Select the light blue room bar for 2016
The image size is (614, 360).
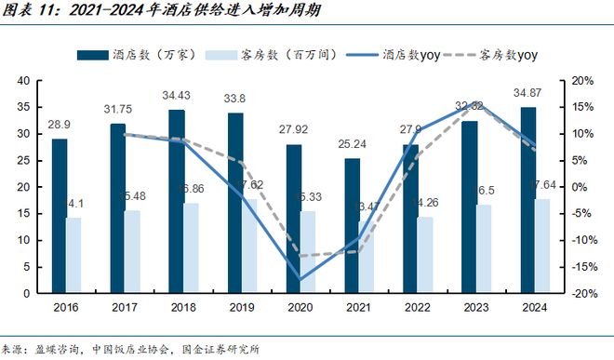pyautogui.click(x=73, y=255)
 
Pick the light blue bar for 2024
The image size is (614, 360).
pyautogui.click(x=541, y=246)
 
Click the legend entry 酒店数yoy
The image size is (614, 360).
pyautogui.click(x=394, y=55)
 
